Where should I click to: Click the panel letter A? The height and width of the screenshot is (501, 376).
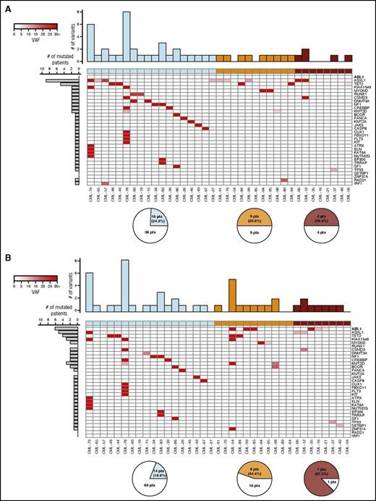click(5, 5)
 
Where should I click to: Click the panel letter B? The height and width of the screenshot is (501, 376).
click(5, 254)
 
